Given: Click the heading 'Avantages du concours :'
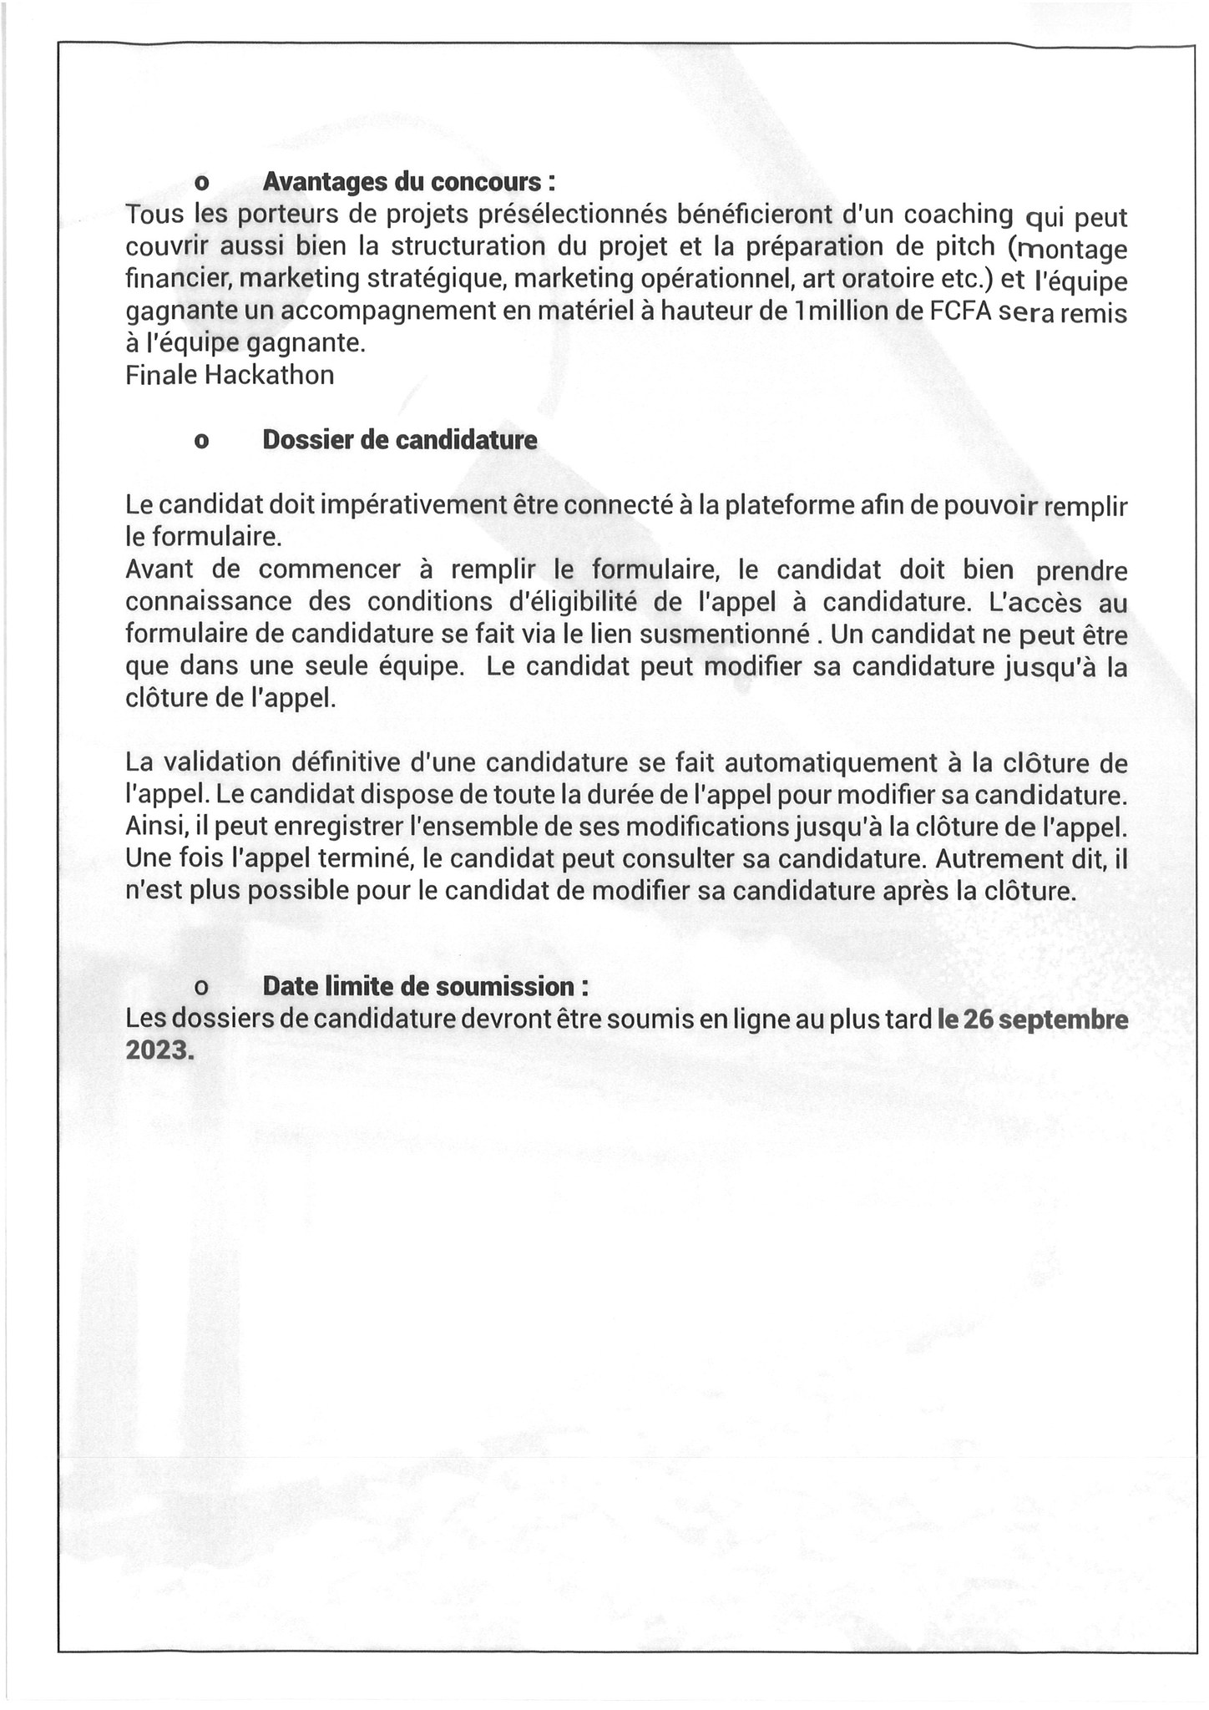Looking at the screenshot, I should click(x=409, y=181).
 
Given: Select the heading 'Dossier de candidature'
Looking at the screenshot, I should click(x=399, y=440).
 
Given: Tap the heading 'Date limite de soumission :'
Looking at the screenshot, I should click(x=425, y=986).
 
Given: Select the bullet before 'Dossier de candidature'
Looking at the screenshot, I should click(x=200, y=442).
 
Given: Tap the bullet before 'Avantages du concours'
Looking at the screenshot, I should click(x=200, y=183).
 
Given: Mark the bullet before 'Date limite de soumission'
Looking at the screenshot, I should click(x=200, y=988).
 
